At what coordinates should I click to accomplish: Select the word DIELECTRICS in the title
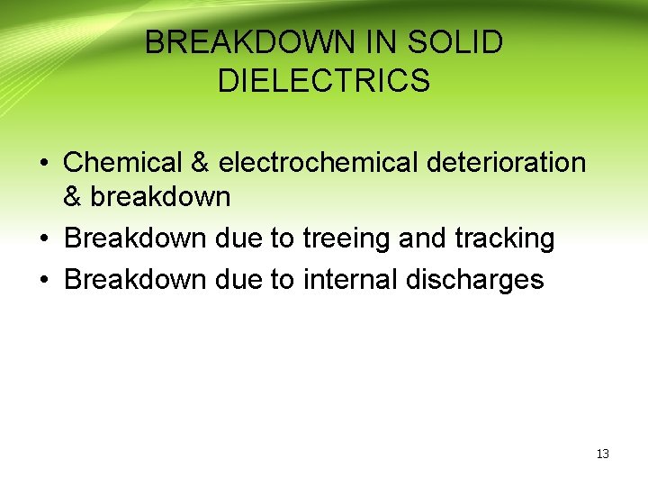point(324,81)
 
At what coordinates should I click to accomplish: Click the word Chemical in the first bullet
point(124,163)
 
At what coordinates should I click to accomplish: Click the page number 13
point(603,454)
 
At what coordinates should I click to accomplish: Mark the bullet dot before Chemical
point(43,164)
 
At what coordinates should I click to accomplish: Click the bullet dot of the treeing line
point(43,239)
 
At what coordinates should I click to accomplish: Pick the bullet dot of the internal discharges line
point(43,281)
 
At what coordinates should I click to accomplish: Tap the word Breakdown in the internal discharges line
point(136,280)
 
